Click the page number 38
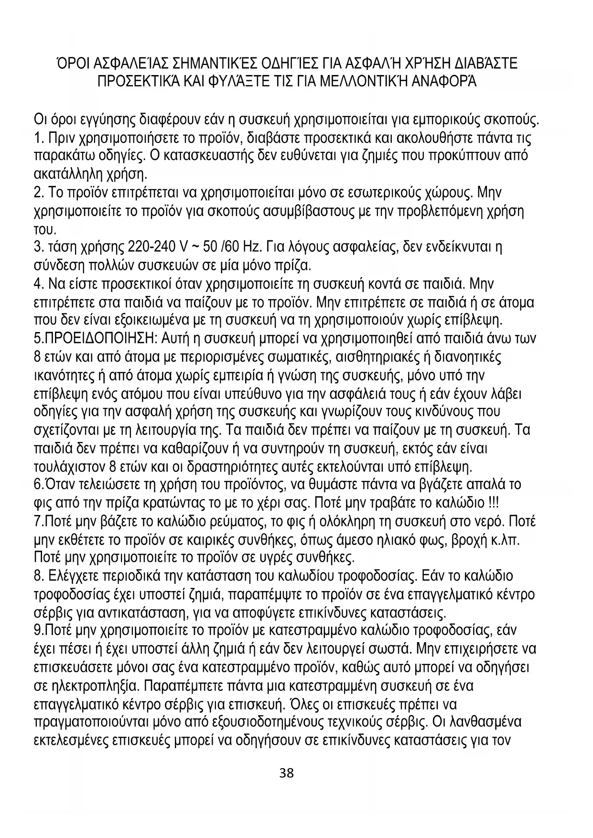(x=286, y=773)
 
